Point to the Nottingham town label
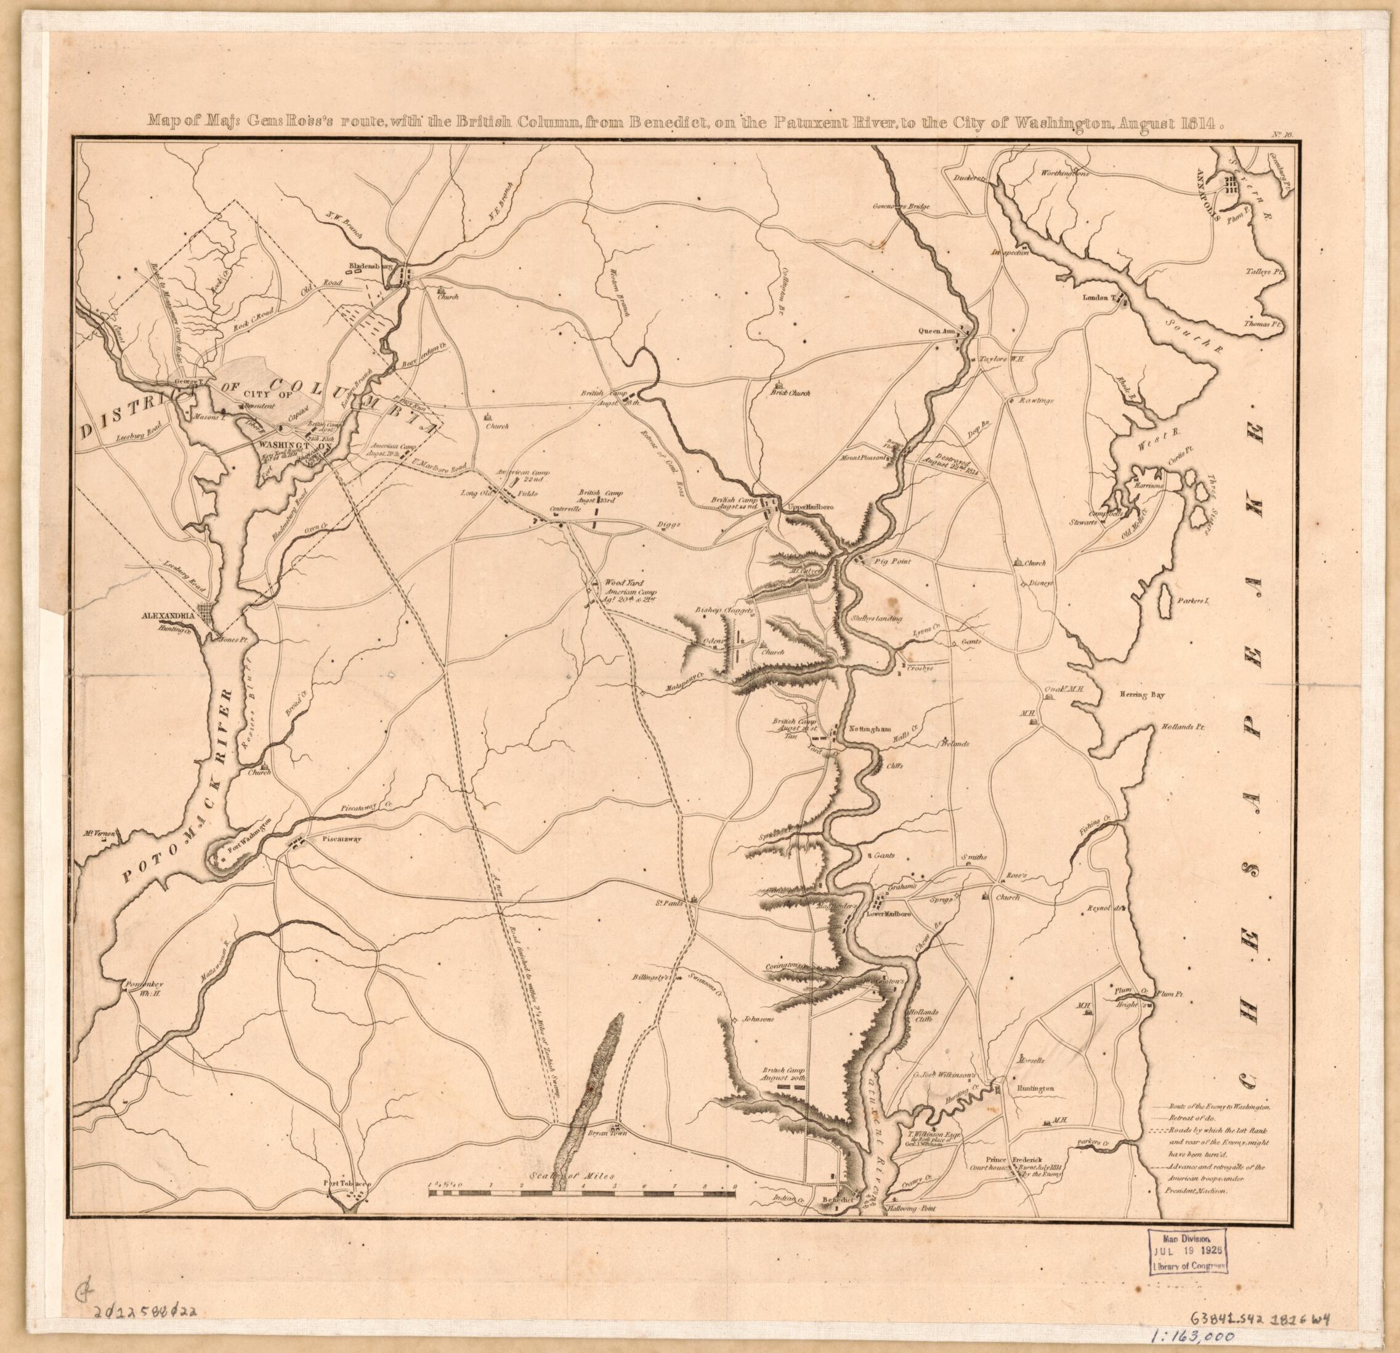tap(868, 729)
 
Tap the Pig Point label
tap(892, 562)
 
